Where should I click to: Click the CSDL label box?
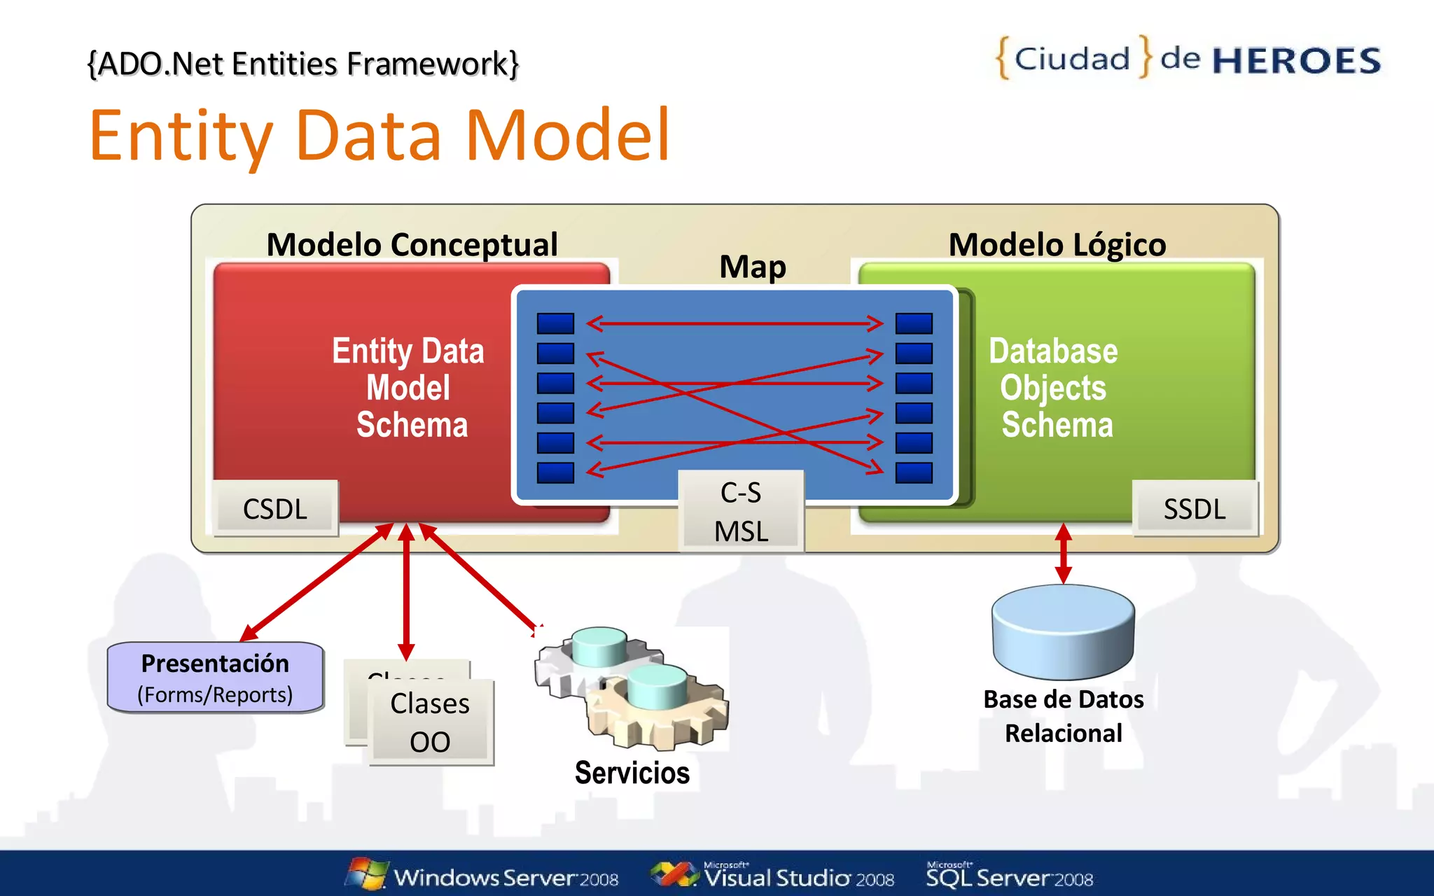[x=275, y=509]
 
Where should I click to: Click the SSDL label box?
[x=1195, y=509]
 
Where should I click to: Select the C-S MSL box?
[x=741, y=511]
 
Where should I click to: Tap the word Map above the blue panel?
[x=753, y=267]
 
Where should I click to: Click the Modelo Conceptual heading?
[x=412, y=244]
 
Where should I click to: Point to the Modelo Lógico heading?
[x=1057, y=244]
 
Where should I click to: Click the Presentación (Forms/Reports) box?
[x=215, y=678]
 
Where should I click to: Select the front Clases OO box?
[x=431, y=722]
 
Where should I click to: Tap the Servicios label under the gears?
[x=632, y=773]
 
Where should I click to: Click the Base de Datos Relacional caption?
[x=1063, y=716]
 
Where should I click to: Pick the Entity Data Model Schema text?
[x=410, y=388]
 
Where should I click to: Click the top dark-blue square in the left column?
[x=555, y=323]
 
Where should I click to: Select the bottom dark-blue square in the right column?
[x=914, y=472]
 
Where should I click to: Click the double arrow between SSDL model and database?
[x=1063, y=553]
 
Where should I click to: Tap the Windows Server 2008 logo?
[x=483, y=875]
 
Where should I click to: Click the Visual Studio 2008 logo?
[x=774, y=875]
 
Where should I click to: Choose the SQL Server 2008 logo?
[x=1009, y=875]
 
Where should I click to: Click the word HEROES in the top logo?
[x=1296, y=61]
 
